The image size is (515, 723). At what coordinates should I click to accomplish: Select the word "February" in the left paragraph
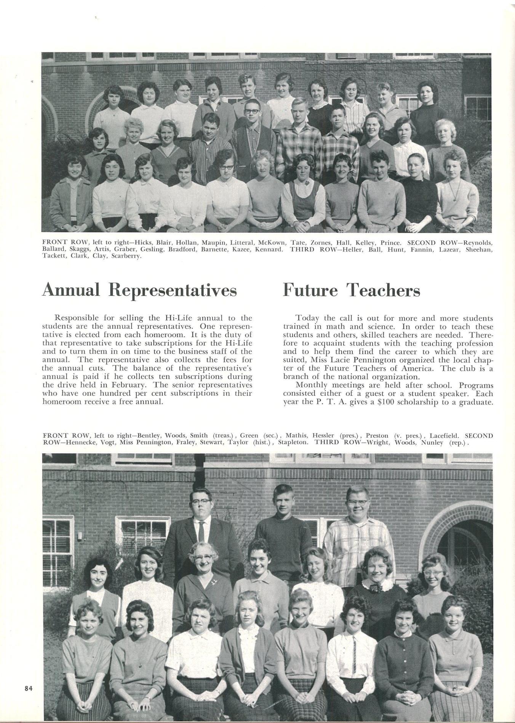coord(136,385)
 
